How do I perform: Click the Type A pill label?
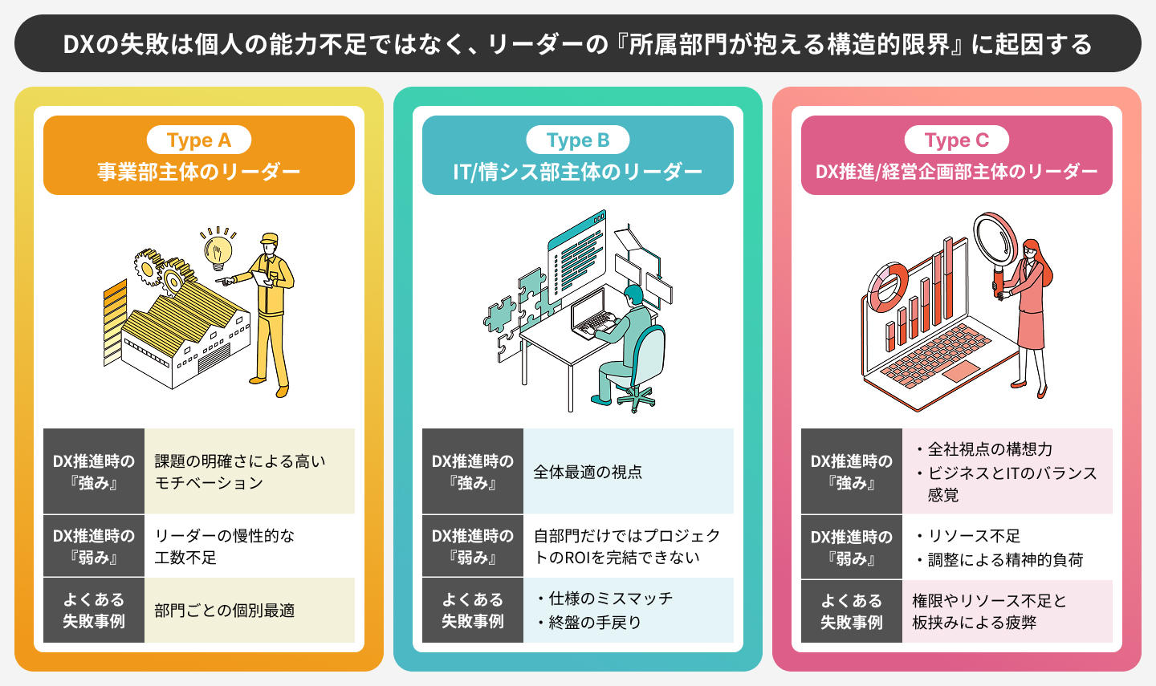pyautogui.click(x=198, y=140)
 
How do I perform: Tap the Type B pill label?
pyautogui.click(x=577, y=140)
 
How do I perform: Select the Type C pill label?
pyautogui.click(x=956, y=140)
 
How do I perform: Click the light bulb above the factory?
pyautogui.click(x=217, y=250)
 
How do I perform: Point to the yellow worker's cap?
pyautogui.click(x=269, y=239)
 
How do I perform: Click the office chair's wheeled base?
pyautogui.click(x=634, y=398)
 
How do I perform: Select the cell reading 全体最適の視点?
pyautogui.click(x=588, y=472)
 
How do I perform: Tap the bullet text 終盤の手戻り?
pyautogui.click(x=594, y=623)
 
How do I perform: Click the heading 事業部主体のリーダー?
pyautogui.click(x=198, y=172)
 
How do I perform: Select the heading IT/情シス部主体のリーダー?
pyautogui.click(x=577, y=172)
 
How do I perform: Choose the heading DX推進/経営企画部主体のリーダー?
pyautogui.click(x=956, y=172)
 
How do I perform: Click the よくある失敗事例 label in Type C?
pyautogui.click(x=851, y=611)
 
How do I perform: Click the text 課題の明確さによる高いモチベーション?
pyautogui.click(x=239, y=472)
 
